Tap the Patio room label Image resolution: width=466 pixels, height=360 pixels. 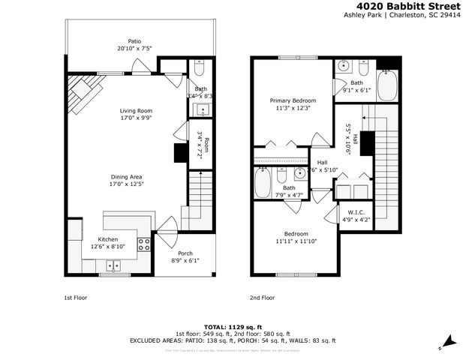tap(134, 41)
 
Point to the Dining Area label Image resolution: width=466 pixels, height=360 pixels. tap(126, 177)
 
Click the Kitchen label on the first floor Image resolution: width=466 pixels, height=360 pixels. tap(108, 238)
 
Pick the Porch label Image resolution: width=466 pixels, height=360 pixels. tap(185, 253)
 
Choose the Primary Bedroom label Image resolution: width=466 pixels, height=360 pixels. tap(293, 100)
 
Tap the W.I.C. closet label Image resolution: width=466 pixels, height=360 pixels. tap(351, 212)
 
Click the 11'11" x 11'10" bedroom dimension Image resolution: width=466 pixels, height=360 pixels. tap(293, 241)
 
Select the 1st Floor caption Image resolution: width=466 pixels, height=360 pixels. tap(75, 298)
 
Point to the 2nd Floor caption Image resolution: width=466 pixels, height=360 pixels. tap(263, 298)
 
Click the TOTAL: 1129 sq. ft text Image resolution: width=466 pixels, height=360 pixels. tap(233, 327)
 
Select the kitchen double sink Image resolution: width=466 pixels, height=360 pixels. tap(114, 265)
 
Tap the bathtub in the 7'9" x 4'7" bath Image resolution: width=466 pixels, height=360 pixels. tap(263, 183)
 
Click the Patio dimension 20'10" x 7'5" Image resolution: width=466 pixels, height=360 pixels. tap(134, 49)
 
